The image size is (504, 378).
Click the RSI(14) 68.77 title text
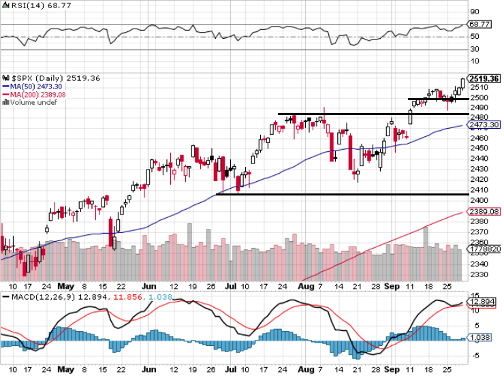pyautogui.click(x=29, y=5)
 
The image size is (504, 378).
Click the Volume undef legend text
pyautogui.click(x=30, y=103)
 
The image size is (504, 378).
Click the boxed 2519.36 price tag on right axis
pyautogui.click(x=484, y=79)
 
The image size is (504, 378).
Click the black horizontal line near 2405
pyautogui.click(x=341, y=195)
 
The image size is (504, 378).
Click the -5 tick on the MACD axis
pyautogui.click(x=474, y=354)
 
